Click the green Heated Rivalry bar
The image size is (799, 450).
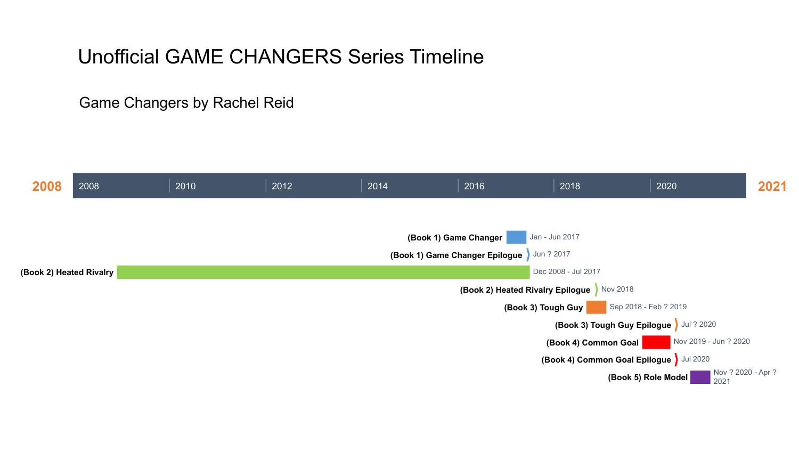323,272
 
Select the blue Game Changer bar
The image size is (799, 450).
516,237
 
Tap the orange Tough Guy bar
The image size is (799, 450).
596,307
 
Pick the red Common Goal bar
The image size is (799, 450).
656,342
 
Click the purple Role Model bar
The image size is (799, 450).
700,377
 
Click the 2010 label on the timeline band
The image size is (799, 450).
185,186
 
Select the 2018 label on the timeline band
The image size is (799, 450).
569,186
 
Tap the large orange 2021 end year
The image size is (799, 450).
772,186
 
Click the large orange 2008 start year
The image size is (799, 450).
47,186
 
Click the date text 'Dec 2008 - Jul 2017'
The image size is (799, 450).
566,271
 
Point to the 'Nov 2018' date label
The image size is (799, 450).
617,289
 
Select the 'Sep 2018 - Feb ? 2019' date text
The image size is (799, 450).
648,307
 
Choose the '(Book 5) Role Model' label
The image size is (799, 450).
648,377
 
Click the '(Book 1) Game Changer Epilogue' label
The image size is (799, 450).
456,255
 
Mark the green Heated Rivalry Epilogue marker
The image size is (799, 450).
596,290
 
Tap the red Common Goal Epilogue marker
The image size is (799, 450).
676,359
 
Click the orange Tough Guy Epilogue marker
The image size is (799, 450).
676,325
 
